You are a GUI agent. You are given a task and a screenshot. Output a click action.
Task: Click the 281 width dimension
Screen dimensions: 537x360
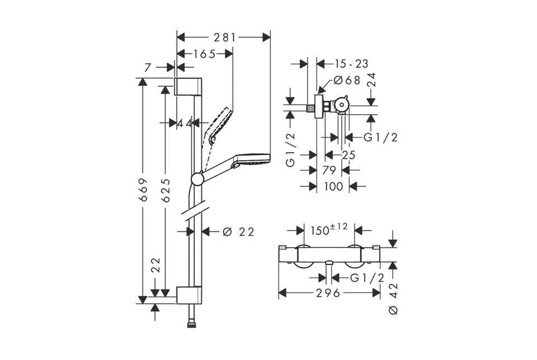[x=225, y=38]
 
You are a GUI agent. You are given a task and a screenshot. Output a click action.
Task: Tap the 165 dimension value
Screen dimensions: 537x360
[x=205, y=54]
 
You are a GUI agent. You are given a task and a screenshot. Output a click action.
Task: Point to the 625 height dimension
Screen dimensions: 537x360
[x=166, y=190]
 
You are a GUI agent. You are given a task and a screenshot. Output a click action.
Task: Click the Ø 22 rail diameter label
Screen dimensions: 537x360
[x=238, y=232]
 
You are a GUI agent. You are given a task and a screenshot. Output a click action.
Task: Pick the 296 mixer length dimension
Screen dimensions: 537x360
[x=328, y=293]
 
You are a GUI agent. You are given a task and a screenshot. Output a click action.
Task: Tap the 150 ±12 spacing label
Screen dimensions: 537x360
[x=329, y=230]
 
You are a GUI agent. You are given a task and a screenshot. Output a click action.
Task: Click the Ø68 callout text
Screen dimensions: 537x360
[x=347, y=80]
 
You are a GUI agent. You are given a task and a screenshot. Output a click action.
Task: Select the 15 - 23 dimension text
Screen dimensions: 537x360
[x=351, y=64]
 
